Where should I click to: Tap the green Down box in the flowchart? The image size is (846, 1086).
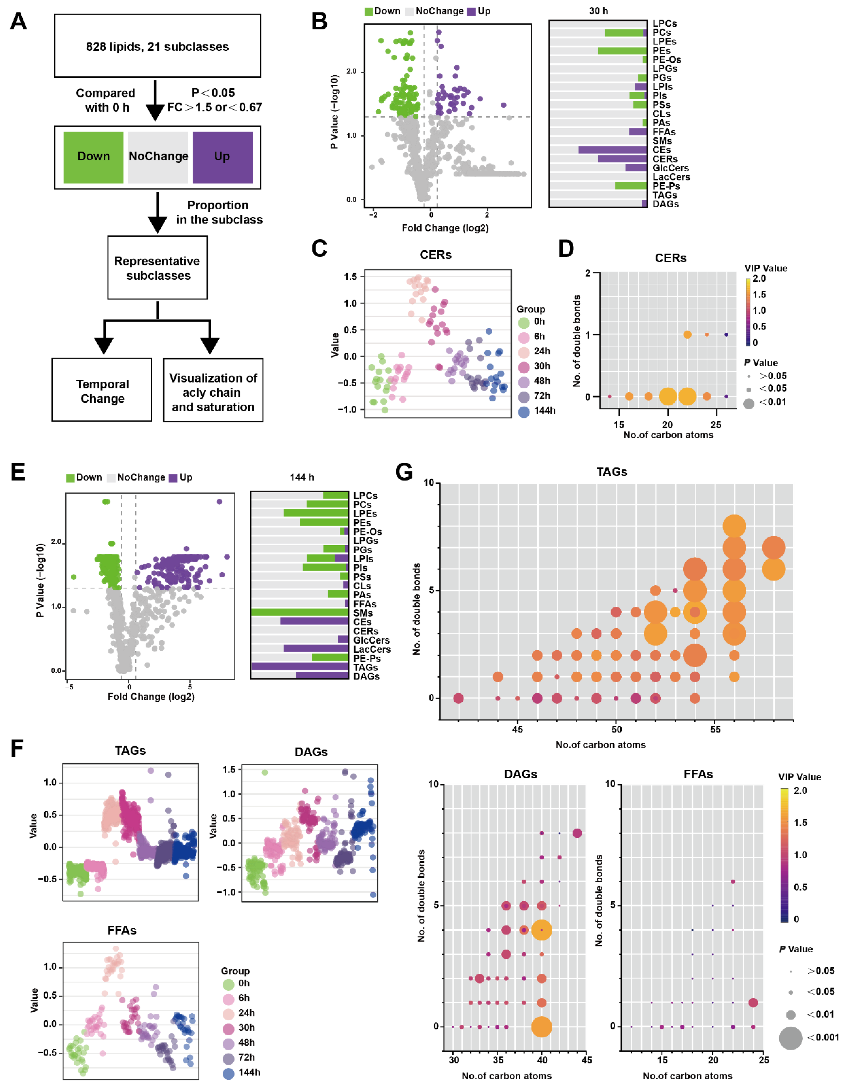93,157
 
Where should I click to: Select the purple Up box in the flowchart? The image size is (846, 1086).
222,157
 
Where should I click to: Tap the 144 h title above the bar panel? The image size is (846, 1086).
302,477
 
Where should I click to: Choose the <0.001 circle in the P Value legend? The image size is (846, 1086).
790,1038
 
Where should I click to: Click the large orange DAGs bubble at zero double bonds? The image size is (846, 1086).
541,1026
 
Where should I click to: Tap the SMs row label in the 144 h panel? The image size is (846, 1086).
363,613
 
